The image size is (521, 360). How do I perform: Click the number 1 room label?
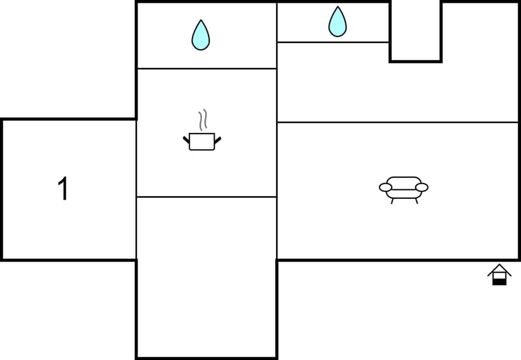click(63, 189)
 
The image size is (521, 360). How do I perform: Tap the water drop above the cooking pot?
click(200, 35)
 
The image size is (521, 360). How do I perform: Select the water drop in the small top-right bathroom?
click(337, 22)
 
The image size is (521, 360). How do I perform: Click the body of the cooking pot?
click(201, 142)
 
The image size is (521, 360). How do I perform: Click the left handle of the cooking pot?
click(186, 140)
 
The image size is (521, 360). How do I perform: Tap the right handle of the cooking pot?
click(217, 140)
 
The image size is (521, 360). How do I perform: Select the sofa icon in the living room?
click(403, 188)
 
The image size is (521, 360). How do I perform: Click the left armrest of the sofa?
click(385, 188)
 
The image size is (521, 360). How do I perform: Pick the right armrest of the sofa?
click(422, 188)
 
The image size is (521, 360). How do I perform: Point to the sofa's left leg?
click(392, 201)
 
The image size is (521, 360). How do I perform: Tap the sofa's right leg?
click(417, 201)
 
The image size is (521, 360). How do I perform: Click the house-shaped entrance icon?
click(499, 275)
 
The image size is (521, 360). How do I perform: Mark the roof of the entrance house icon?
click(499, 269)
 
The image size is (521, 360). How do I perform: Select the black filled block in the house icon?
click(499, 282)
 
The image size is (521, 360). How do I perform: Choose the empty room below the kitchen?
click(206, 276)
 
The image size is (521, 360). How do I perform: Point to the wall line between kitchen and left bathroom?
click(206, 68)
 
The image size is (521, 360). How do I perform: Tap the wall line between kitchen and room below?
click(206, 197)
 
